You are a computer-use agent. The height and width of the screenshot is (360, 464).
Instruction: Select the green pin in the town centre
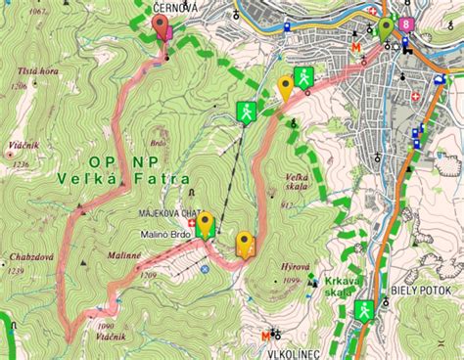pyautogui.click(x=387, y=26)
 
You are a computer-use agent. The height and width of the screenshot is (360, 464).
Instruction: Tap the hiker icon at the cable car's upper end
pyautogui.click(x=247, y=112)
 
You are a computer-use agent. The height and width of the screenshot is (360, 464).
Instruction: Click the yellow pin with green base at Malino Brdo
pyautogui.click(x=205, y=224)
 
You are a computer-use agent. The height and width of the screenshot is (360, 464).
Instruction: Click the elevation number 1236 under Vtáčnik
pyautogui.click(x=18, y=163)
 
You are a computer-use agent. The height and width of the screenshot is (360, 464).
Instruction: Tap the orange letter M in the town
pyautogui.click(x=357, y=46)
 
